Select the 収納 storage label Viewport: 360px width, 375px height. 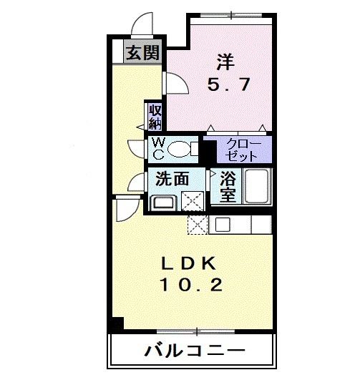[155, 116]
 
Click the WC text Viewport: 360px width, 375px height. [157, 149]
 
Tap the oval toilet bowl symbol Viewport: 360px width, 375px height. [180, 149]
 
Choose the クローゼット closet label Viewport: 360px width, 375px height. [243, 150]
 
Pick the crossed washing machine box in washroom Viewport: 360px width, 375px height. [192, 201]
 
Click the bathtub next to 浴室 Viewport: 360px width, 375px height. [256, 187]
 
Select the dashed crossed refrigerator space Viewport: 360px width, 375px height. [197, 224]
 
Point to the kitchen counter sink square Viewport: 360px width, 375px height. [222, 224]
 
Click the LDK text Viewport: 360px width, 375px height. [190, 263]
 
